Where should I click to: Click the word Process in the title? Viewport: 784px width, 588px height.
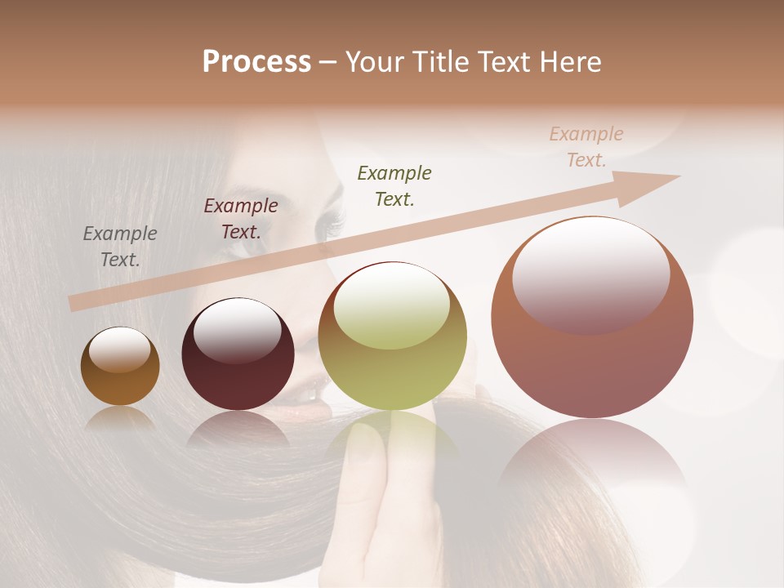[256, 62]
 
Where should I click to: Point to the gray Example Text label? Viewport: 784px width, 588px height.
[120, 247]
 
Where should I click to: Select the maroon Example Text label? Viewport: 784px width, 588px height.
[241, 219]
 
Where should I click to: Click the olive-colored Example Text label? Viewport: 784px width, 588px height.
[394, 185]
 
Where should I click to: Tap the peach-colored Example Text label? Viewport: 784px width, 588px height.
[586, 147]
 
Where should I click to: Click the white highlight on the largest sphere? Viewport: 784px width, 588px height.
[590, 274]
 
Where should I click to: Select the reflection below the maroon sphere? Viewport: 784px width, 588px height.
[238, 429]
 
